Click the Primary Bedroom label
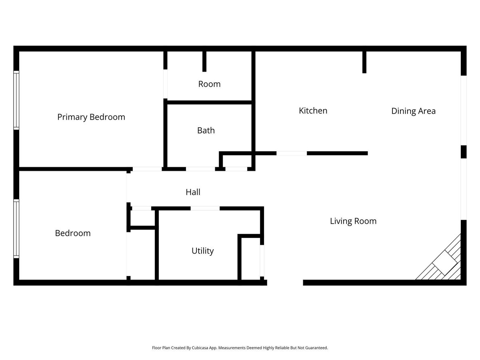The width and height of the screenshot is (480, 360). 91,117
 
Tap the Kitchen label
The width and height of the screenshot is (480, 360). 313,110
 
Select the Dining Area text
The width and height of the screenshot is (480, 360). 413,111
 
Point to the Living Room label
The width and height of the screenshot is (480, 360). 353,221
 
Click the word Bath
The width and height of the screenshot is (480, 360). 206,130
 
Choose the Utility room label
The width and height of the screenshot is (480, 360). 202,251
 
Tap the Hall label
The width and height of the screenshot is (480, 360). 193,192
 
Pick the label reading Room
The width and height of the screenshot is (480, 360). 209,84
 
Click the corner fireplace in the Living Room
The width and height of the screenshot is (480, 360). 445,264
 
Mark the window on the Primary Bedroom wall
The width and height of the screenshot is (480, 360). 16,100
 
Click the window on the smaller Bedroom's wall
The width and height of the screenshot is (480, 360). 16,228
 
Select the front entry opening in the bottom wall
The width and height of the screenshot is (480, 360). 285,282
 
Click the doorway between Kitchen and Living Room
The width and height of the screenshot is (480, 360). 292,153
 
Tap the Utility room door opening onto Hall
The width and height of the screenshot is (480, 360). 205,208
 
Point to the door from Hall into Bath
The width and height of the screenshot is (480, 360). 200,169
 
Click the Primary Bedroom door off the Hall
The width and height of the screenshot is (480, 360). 147,169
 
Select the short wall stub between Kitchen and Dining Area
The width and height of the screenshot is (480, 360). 364,62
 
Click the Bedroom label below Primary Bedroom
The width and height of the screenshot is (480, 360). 73,233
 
